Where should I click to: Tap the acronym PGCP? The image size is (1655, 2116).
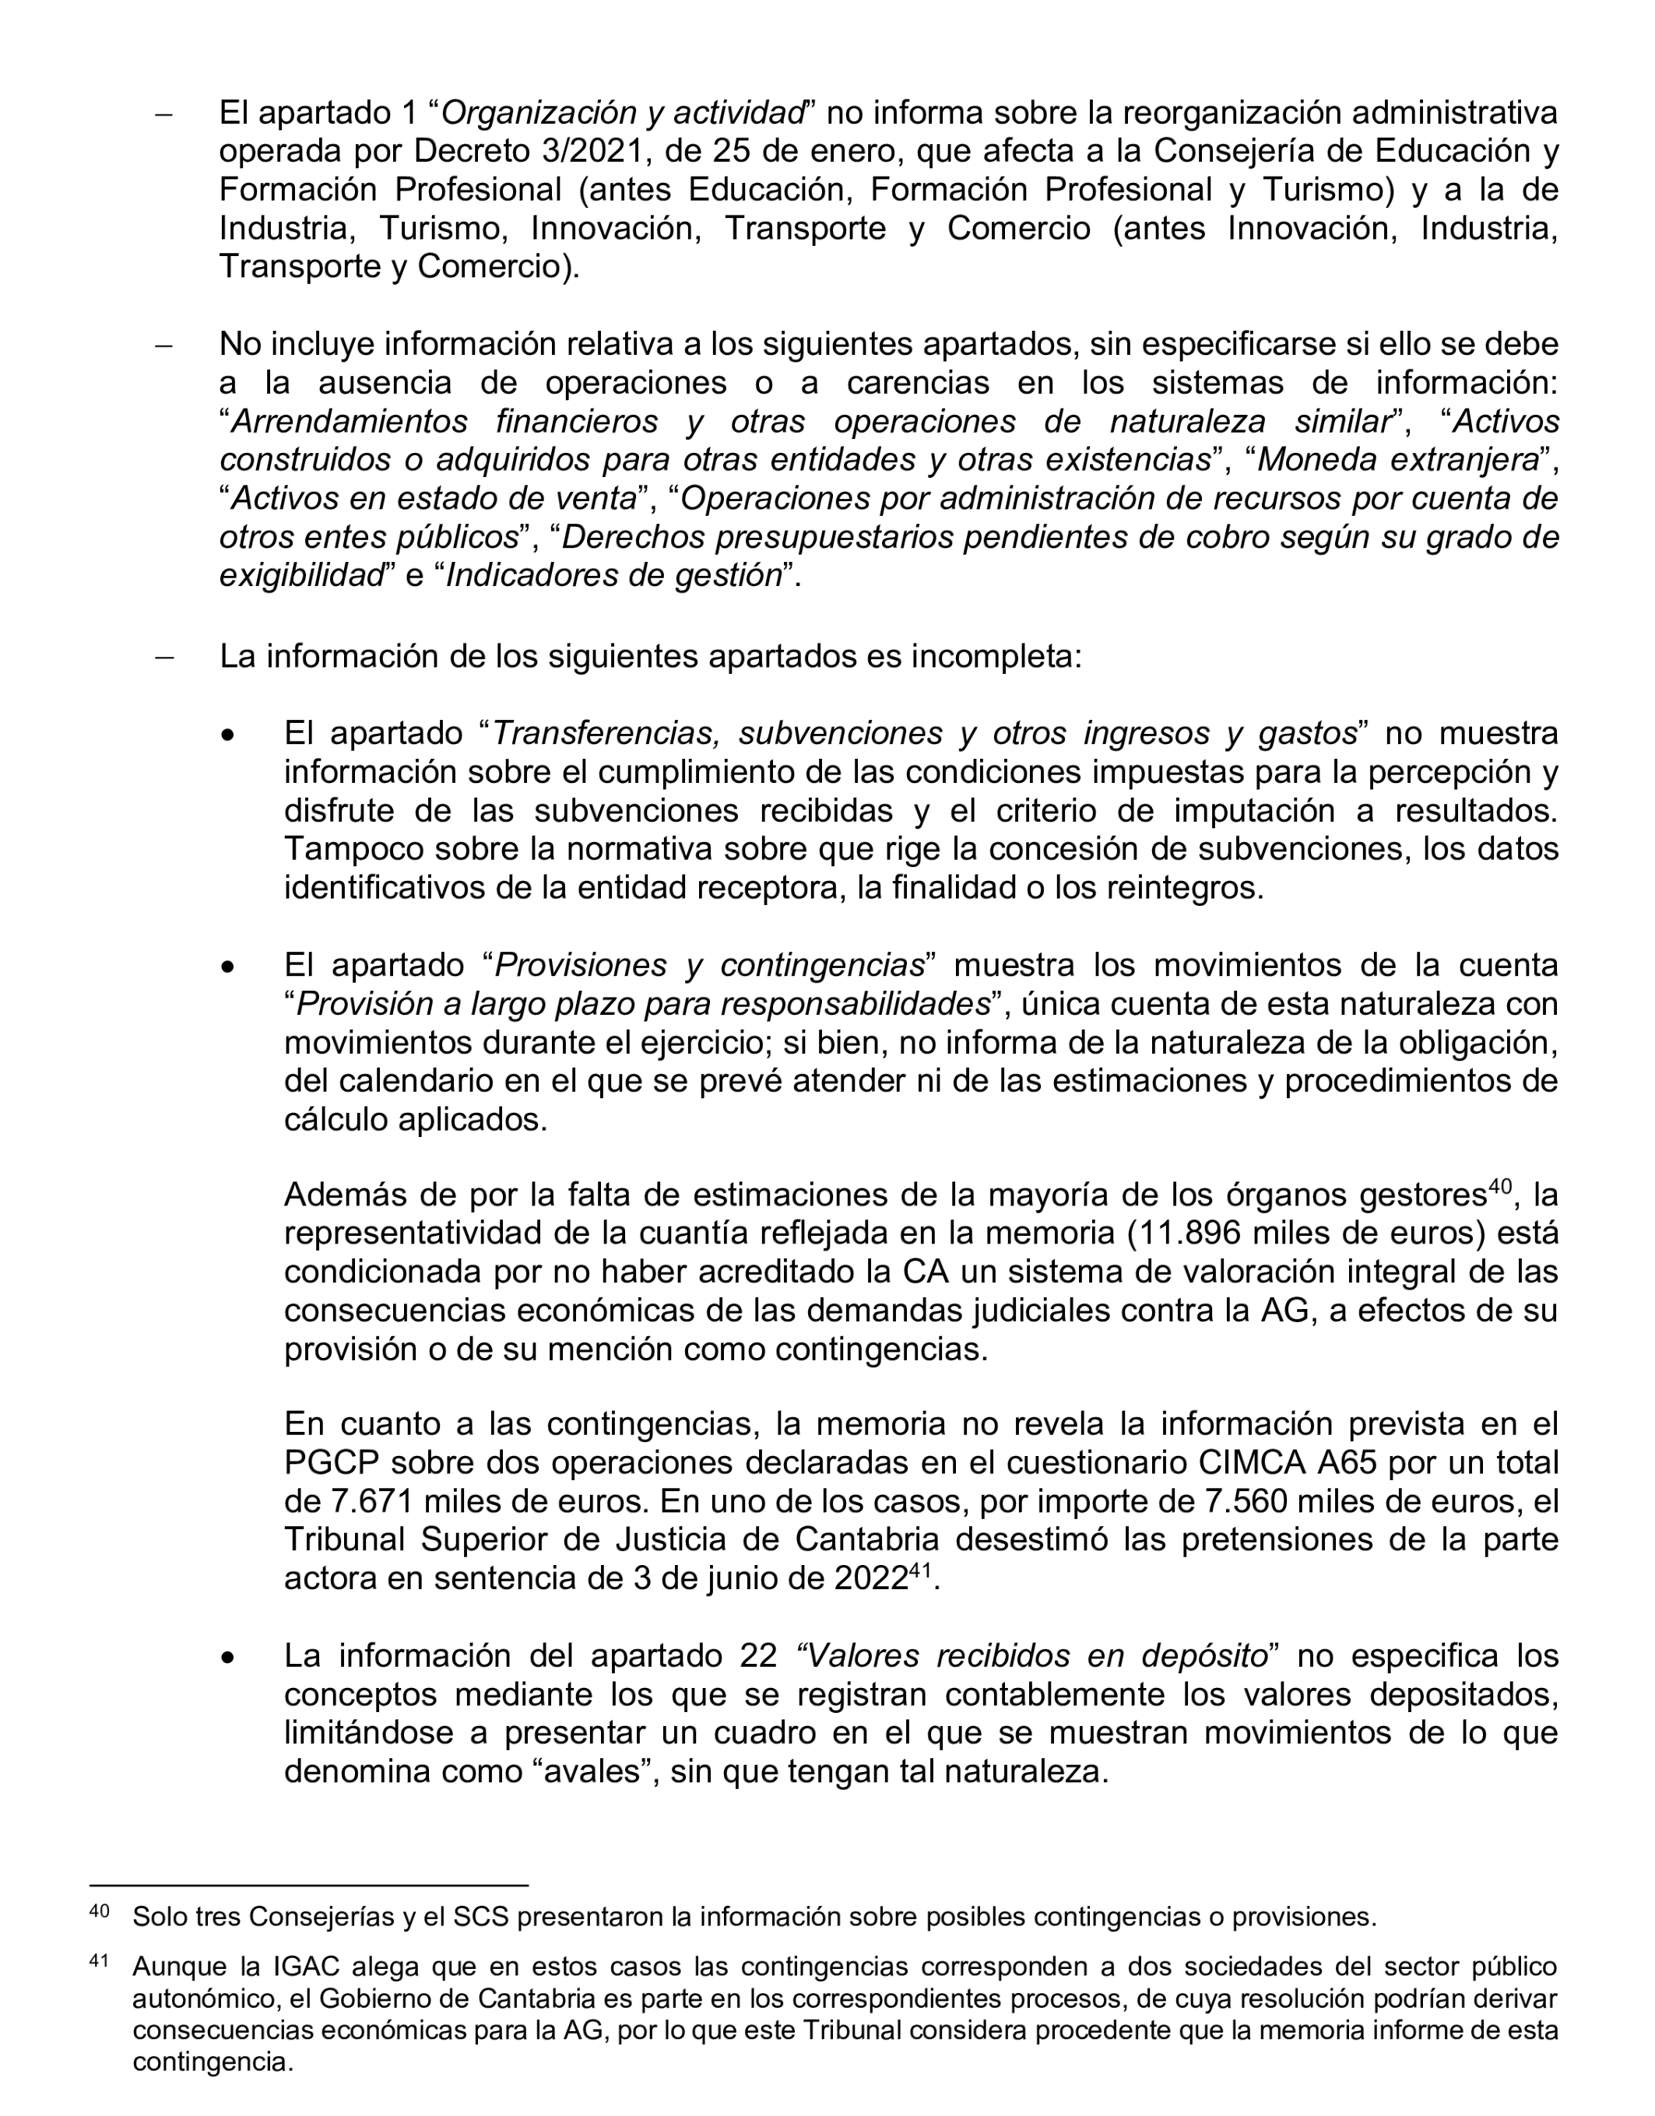tap(330, 1462)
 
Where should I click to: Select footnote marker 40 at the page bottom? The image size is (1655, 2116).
tap(99, 1911)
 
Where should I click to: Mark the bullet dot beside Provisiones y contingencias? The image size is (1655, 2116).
tap(228, 966)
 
